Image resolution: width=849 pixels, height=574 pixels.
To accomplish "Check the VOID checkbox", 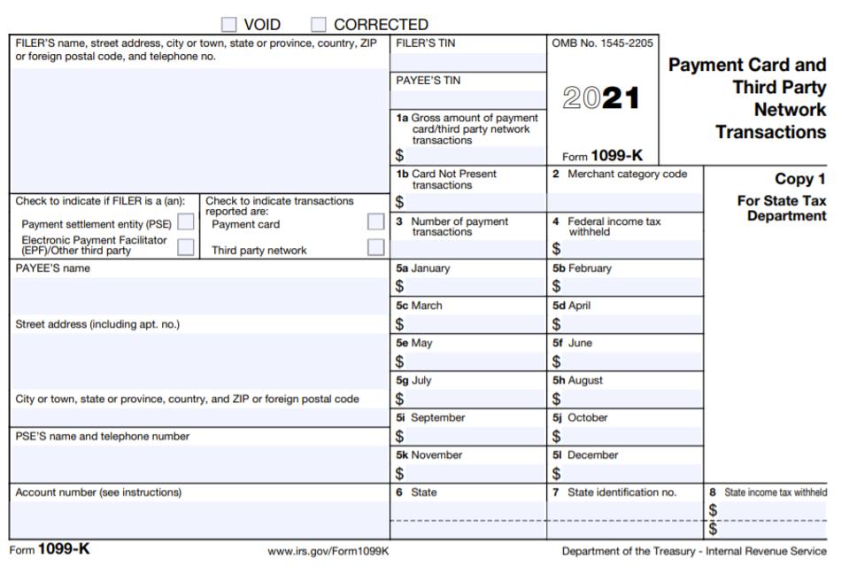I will click(x=229, y=25).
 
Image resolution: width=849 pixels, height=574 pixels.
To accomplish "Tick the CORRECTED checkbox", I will click(x=319, y=25).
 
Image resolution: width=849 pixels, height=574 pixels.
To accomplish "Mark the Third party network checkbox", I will click(x=376, y=247).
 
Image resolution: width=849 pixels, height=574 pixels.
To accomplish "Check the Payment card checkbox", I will click(x=376, y=221).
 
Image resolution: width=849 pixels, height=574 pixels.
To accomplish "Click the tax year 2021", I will click(x=601, y=98).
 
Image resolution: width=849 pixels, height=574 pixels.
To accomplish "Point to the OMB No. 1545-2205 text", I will click(x=601, y=43).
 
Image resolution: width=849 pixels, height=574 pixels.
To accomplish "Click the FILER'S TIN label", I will click(x=426, y=43).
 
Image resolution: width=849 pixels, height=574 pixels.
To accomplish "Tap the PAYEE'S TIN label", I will click(x=428, y=80).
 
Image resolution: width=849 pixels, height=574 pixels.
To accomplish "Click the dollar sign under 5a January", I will click(x=399, y=286).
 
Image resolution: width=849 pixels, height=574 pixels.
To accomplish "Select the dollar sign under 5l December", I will click(x=556, y=473).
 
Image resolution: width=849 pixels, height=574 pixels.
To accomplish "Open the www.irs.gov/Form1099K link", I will click(x=328, y=551).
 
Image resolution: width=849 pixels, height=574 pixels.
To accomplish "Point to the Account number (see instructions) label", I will click(x=98, y=493).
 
